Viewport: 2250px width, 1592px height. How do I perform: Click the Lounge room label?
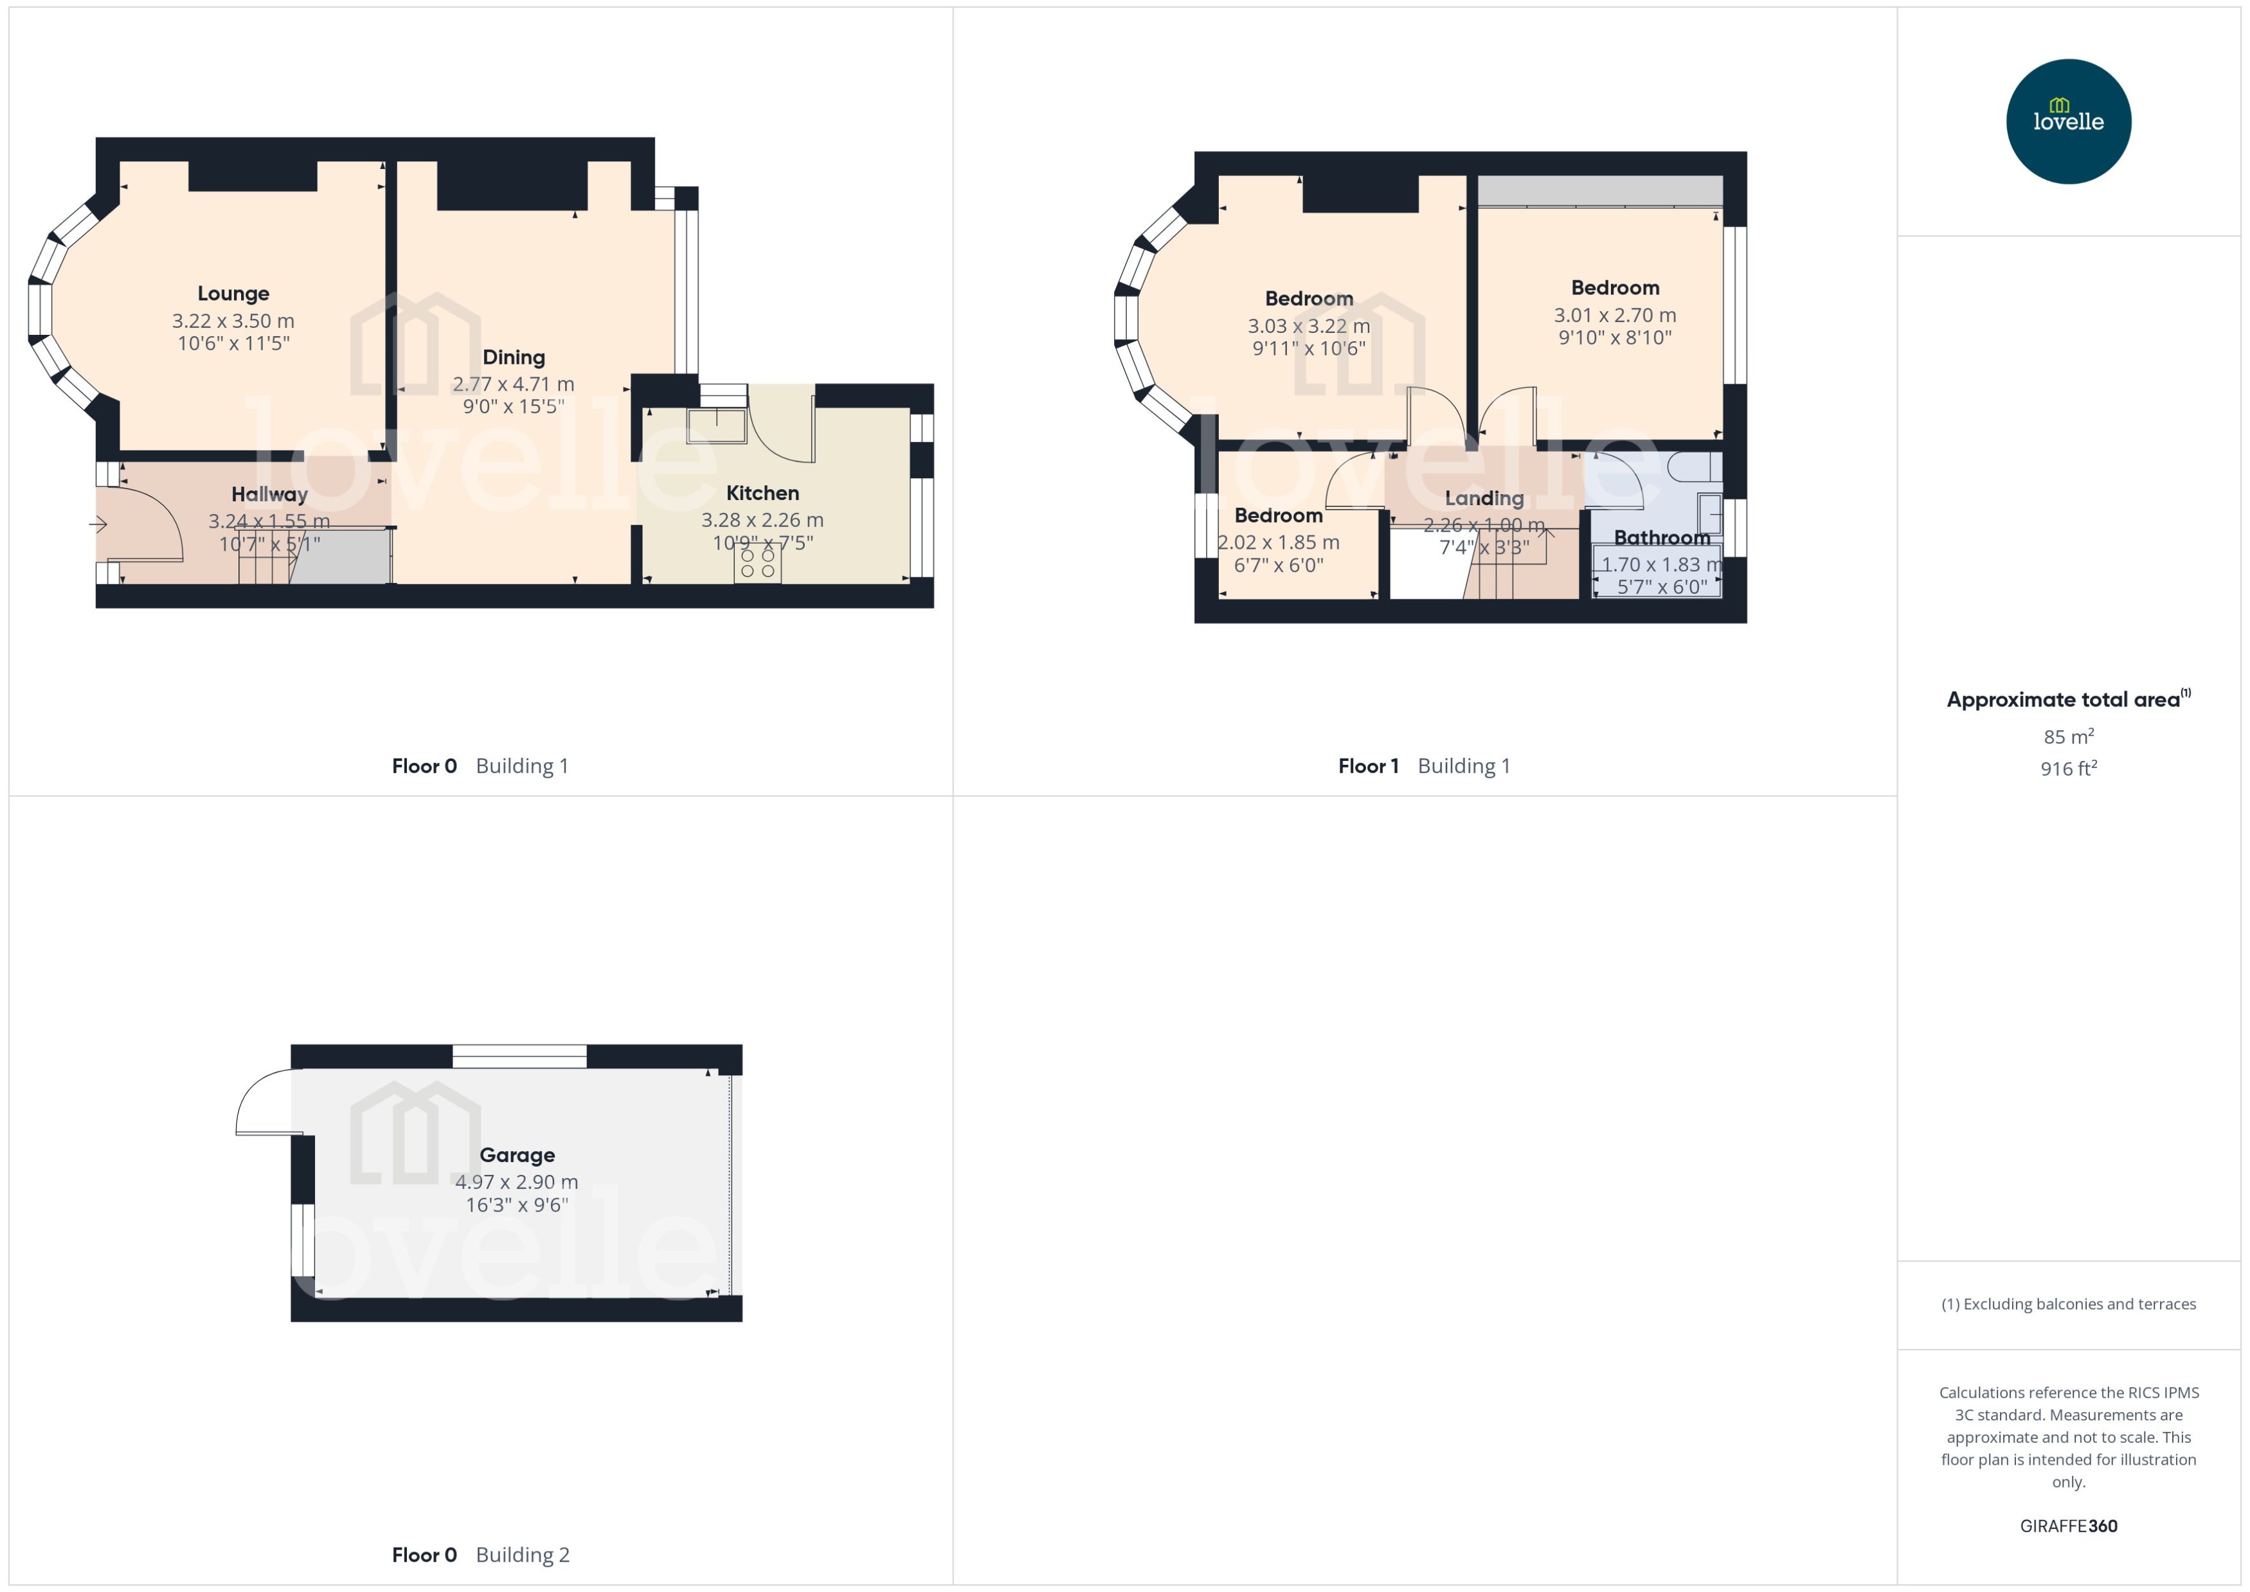233,293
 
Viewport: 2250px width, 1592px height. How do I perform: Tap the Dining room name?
514,357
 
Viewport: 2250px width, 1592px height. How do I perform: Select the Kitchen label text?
762,493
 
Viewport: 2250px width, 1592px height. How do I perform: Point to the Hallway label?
269,494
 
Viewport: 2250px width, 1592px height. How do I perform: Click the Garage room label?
517,1155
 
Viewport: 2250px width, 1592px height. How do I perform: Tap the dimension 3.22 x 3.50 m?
233,321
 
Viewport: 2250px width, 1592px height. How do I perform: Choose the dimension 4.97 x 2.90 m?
517,1182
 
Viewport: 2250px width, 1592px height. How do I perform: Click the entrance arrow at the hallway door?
99,524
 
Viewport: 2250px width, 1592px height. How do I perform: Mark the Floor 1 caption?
1367,765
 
